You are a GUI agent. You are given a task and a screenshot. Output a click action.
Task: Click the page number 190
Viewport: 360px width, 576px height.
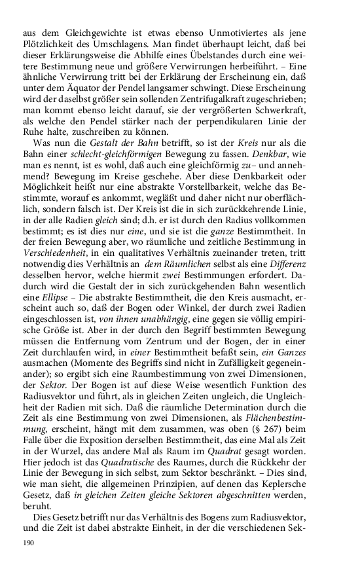[x=28, y=543]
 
